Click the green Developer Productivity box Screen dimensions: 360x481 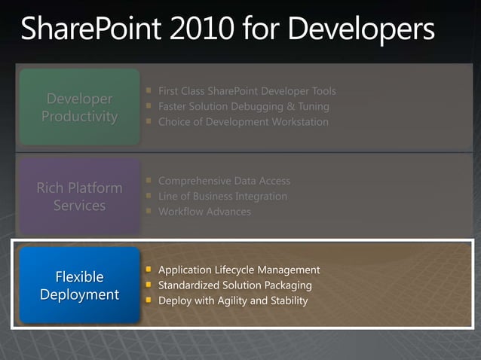point(80,108)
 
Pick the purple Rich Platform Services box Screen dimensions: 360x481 point(80,196)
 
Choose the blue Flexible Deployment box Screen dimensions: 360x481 point(80,285)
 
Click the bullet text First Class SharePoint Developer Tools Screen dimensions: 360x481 point(247,91)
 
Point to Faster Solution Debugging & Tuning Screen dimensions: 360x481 point(244,106)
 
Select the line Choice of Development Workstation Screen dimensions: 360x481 point(243,121)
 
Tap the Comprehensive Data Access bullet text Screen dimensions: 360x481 point(224,181)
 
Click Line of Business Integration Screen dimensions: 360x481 point(222,196)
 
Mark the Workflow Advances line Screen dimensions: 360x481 point(204,212)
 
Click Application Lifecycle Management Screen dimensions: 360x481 point(239,270)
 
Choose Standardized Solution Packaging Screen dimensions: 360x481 point(234,285)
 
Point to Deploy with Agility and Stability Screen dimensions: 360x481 point(233,301)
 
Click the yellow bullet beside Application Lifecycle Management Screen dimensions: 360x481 point(149,270)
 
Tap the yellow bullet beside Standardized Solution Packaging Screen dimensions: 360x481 point(149,285)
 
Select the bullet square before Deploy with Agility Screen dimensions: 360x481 point(149,301)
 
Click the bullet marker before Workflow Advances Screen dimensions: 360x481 point(149,212)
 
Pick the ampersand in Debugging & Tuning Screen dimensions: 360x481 point(290,106)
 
